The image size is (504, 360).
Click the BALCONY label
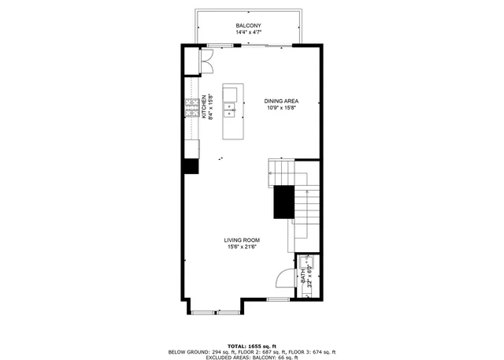[249, 27]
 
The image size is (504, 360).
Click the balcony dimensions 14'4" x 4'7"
[249, 34]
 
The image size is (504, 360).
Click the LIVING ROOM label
[242, 239]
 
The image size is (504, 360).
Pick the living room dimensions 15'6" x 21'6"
[242, 247]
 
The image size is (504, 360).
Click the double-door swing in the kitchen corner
[206, 61]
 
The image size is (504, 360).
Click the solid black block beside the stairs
[283, 203]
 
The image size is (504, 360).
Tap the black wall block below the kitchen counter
[191, 165]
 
